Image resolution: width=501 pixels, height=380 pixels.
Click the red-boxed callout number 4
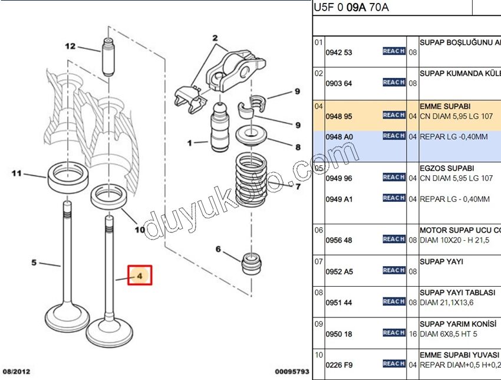[x=140, y=275]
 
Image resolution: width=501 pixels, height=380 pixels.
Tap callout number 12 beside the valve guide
[x=70, y=46]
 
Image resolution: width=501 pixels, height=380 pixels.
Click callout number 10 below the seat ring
[x=140, y=230]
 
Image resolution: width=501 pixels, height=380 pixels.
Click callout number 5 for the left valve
[x=34, y=263]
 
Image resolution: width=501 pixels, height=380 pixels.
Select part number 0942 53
[x=339, y=53]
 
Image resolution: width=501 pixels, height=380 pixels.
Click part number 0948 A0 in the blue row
[x=339, y=136]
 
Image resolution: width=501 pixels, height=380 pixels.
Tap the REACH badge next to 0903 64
[x=394, y=83]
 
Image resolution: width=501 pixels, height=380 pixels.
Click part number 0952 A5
[x=339, y=271]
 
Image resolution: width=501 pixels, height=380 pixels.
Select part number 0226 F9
[x=339, y=365]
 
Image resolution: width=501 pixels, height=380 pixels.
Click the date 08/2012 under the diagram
[x=16, y=372]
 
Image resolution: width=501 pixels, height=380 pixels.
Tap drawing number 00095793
[x=292, y=372]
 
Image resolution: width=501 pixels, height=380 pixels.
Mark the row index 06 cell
[x=318, y=230]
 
